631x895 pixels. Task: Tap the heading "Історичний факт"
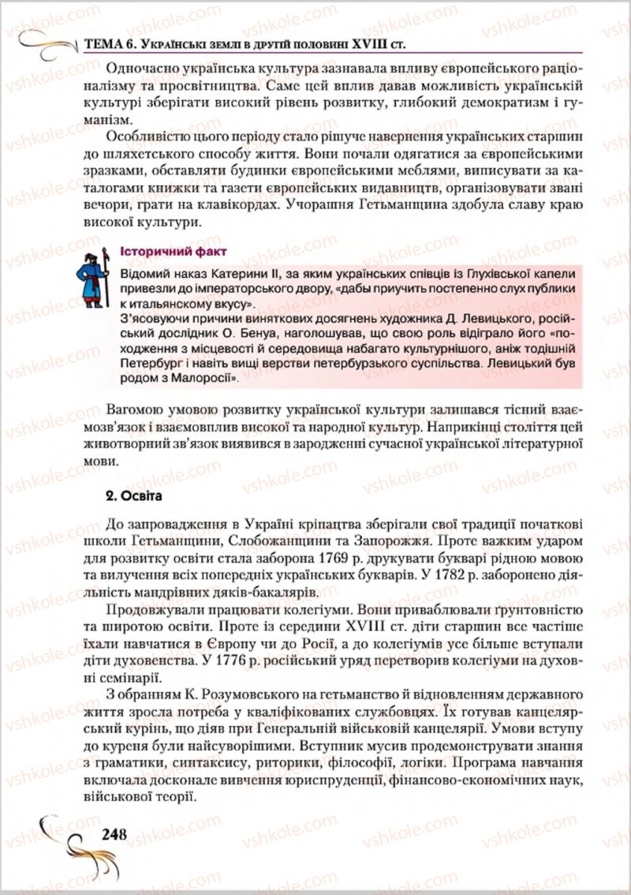174,252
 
